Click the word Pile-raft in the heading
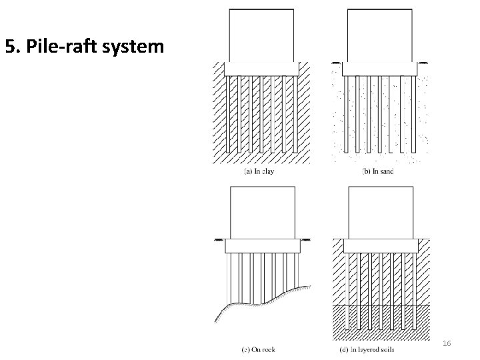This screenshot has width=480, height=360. [x=61, y=47]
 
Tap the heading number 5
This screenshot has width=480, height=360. [x=10, y=47]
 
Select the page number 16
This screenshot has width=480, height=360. [x=447, y=343]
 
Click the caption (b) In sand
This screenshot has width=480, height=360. [x=377, y=171]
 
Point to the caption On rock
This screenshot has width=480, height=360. [x=261, y=349]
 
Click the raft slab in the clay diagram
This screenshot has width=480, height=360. [x=261, y=69]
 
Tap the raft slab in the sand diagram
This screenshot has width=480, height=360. [x=380, y=69]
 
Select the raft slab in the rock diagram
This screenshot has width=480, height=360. [x=261, y=246]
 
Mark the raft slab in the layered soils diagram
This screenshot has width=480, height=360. [x=380, y=246]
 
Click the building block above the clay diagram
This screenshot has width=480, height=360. [x=261, y=35]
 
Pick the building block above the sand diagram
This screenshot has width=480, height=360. [x=380, y=35]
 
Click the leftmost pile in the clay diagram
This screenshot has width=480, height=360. [x=230, y=113]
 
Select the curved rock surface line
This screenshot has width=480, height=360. [x=267, y=300]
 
